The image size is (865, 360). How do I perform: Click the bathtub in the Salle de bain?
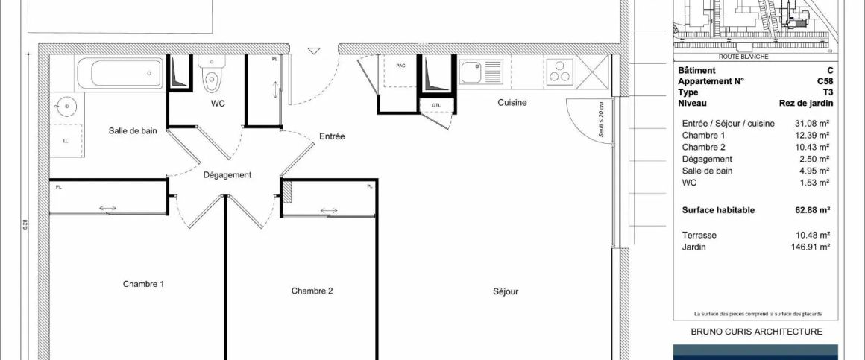pyautogui.click(x=120, y=74)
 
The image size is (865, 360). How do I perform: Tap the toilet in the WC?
pyautogui.click(x=211, y=77)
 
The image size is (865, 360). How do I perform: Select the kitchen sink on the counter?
pyautogui.click(x=472, y=72)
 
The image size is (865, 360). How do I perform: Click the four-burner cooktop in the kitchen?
pyautogui.click(x=559, y=72)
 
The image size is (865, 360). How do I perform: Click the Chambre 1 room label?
pyautogui.click(x=143, y=284)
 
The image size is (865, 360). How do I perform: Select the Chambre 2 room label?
pyautogui.click(x=312, y=291)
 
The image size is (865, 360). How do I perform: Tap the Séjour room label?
pyautogui.click(x=505, y=291)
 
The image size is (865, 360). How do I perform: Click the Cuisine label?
pyautogui.click(x=512, y=103)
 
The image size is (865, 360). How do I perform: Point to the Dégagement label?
pyautogui.click(x=227, y=175)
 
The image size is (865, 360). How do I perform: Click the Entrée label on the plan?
pyautogui.click(x=332, y=136)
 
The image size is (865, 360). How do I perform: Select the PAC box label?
pyautogui.click(x=400, y=66)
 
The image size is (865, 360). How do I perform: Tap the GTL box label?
pyautogui.click(x=435, y=106)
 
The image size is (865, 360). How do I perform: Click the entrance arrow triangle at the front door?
pyautogui.click(x=314, y=51)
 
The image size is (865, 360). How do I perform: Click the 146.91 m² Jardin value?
pyautogui.click(x=811, y=246)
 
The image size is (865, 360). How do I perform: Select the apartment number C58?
pyautogui.click(x=825, y=81)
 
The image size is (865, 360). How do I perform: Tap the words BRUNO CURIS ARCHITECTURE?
pyautogui.click(x=756, y=332)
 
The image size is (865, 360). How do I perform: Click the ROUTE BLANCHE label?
pyautogui.click(x=743, y=57)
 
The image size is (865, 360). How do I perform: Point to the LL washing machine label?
pyautogui.click(x=66, y=140)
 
